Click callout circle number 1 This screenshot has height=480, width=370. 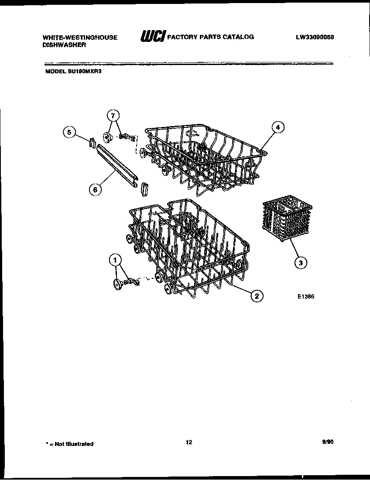coord(115,261)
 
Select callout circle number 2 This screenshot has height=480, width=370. coord(257,296)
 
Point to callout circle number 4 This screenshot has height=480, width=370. coord(277,127)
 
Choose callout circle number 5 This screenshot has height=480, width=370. coord(69,132)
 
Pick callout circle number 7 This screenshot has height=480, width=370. coord(113,116)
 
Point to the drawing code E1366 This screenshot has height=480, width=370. coord(306,296)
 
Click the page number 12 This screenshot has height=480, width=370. coord(188,442)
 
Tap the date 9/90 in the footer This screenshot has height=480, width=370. coord(327,442)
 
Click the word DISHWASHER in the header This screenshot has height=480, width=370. coord(61,45)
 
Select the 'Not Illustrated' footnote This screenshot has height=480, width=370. coord(69,444)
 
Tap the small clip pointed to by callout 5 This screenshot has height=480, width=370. coord(92,142)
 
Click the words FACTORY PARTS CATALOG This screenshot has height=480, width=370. coord(211,37)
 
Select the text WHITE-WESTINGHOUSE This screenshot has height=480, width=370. coord(80,38)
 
